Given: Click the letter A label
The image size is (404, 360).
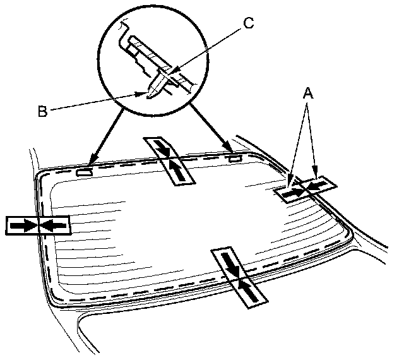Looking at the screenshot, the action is [308, 93].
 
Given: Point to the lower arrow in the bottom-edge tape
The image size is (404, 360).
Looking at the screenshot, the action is [247, 291].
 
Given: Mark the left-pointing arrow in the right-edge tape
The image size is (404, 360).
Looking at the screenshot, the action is [320, 184].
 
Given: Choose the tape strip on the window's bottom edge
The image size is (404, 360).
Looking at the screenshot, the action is [239, 278].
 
